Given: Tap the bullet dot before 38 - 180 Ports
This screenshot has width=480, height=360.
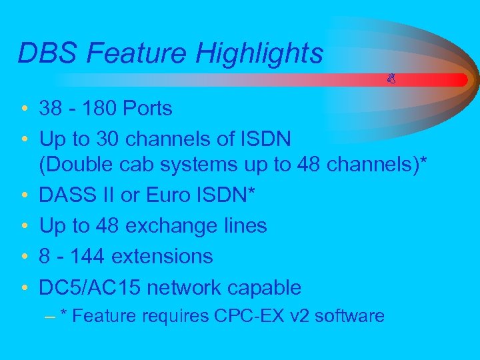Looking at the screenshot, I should pyautogui.click(x=23, y=109).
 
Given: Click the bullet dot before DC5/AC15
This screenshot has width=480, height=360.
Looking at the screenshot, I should pyautogui.click(x=23, y=288).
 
